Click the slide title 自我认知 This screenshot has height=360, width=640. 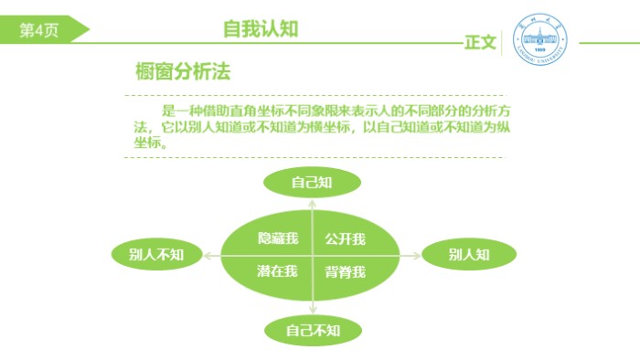(261, 28)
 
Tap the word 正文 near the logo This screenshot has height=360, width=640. (480, 42)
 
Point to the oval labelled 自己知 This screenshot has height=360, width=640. (312, 183)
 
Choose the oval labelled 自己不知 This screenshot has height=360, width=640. (313, 330)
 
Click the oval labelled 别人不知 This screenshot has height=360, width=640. (157, 254)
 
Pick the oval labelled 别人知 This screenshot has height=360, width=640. (469, 254)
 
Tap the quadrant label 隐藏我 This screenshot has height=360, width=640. (278, 239)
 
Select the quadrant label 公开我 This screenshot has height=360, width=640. (346, 239)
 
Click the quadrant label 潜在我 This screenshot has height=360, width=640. (278, 270)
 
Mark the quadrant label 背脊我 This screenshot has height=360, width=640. (346, 271)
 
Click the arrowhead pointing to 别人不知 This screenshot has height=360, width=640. (207, 255)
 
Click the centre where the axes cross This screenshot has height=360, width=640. (312, 255)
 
